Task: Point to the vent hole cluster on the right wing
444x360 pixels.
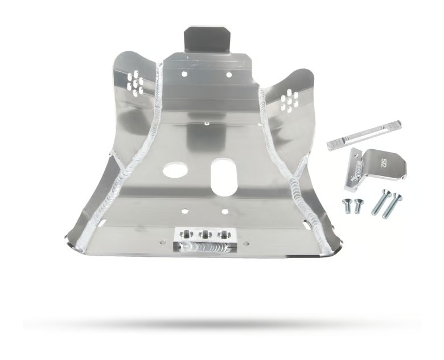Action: click(290, 101)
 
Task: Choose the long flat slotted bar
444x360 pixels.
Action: click(364, 135)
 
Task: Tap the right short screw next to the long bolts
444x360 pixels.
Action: click(358, 205)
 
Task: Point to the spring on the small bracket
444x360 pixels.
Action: click(357, 171)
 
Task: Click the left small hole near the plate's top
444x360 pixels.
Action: click(183, 74)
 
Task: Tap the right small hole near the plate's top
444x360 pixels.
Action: click(229, 74)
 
